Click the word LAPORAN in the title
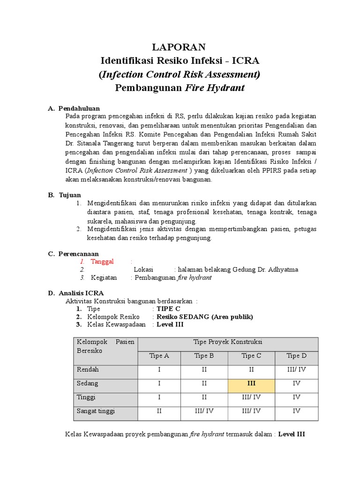pos(180,47)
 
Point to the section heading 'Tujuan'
pos(69,195)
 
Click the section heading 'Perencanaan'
pos(78,254)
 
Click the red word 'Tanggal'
pos(102,262)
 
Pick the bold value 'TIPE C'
pos(168,309)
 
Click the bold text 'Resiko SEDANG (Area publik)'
pos(204,317)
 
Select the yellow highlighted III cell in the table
pos(251,383)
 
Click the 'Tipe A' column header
pos(159,356)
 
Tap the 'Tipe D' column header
pos(296,356)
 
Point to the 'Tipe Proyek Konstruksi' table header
pos(228,342)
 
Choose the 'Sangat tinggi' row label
pos(96,411)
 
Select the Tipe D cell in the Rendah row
pos(296,369)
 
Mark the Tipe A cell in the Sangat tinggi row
pos(159,411)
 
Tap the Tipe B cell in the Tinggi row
pos(204,397)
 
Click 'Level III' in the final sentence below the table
pos(292,434)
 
